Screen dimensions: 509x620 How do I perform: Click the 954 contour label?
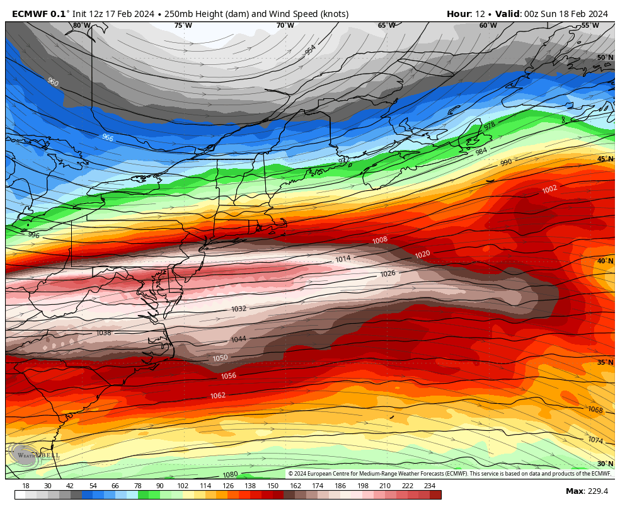[x=311, y=49]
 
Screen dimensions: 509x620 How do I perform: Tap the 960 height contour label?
[x=53, y=82]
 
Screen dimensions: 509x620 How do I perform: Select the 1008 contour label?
[x=380, y=240]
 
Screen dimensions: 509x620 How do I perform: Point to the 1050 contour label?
[x=221, y=358]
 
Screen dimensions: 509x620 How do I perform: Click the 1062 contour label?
[x=218, y=395]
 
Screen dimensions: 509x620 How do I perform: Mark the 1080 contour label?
[x=230, y=474]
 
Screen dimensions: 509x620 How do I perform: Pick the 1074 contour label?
[x=595, y=440]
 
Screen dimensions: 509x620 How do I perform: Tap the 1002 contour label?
[x=549, y=189]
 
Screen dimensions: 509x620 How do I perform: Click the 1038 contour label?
[x=103, y=333]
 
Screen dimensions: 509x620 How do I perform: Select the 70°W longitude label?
[x=285, y=26]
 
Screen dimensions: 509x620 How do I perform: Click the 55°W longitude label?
[x=590, y=26]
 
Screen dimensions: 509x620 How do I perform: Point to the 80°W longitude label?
[x=81, y=26]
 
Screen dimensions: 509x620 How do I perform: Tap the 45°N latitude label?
[x=605, y=159]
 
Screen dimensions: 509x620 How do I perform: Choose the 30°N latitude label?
[x=605, y=464]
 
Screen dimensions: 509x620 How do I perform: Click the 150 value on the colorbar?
[x=273, y=486]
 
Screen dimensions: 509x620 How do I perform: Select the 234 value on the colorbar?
[x=430, y=486]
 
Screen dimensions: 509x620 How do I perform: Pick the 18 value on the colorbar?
[x=26, y=486]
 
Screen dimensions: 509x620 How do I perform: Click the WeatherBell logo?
[x=35, y=454]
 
